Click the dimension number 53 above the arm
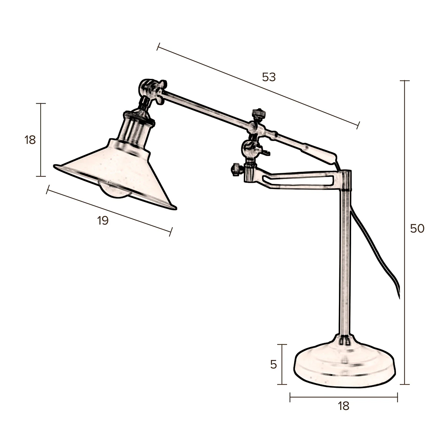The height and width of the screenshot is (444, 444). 269,77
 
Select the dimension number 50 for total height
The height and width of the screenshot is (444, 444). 417,229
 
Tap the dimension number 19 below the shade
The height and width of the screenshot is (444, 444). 103,221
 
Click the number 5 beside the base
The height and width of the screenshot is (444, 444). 273,365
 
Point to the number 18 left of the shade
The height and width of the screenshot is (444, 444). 30,140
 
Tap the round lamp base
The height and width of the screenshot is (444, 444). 344,366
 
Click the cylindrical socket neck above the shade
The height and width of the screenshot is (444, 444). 135,128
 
